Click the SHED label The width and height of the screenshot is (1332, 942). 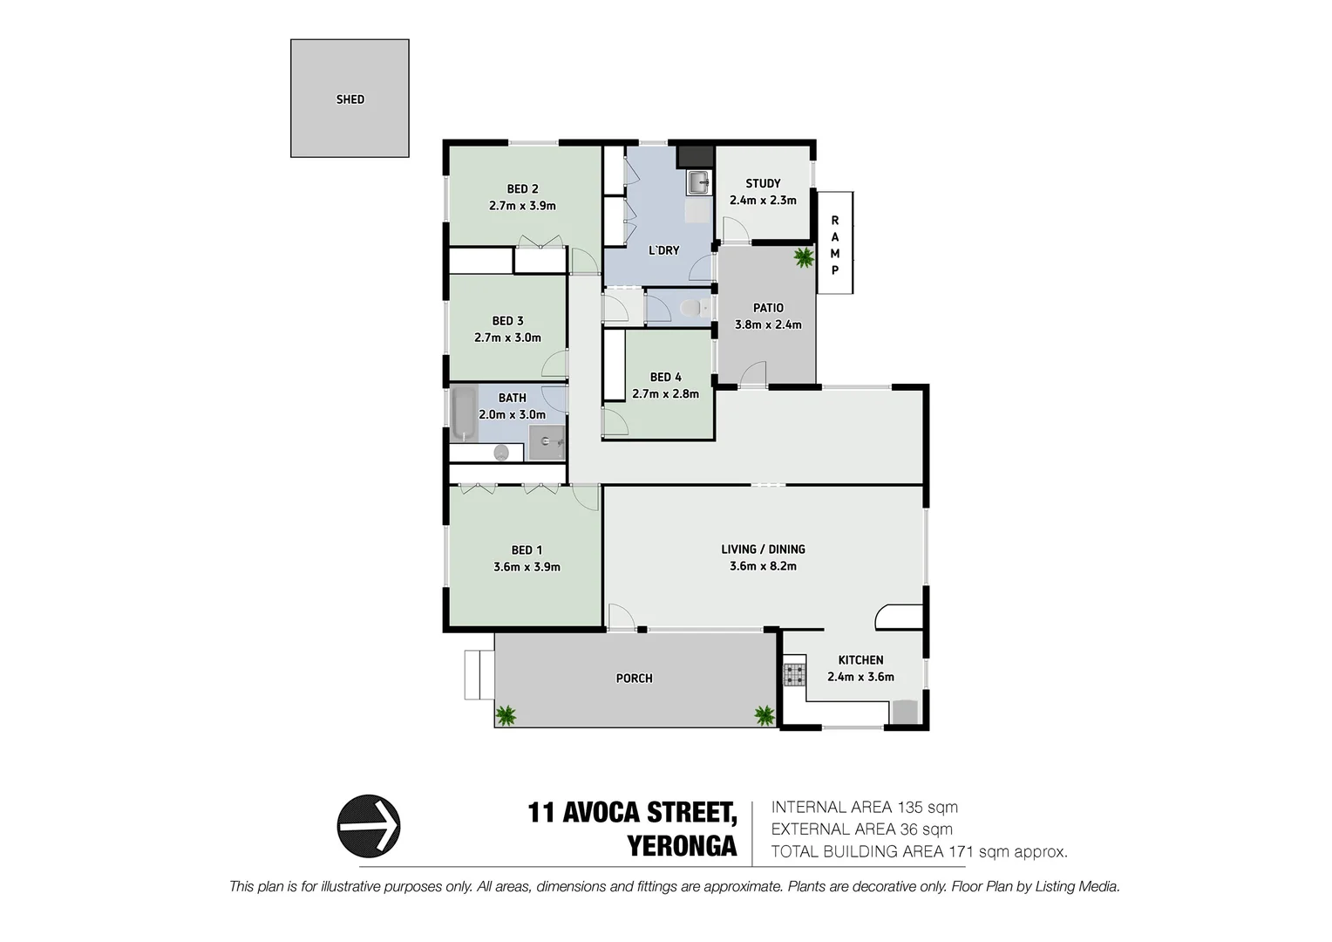[x=350, y=99]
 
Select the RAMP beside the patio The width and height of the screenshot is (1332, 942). [x=834, y=244]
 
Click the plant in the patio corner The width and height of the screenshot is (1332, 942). [x=803, y=257]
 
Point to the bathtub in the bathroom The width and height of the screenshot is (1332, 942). [x=463, y=415]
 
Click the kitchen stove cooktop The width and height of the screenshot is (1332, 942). [x=794, y=673]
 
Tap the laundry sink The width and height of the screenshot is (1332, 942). [x=698, y=183]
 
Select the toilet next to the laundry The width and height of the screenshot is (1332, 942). [x=690, y=308]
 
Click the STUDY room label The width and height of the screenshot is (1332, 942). [x=763, y=183]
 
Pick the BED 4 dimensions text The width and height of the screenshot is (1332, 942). [x=665, y=393]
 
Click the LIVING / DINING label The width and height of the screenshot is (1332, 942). [x=763, y=549]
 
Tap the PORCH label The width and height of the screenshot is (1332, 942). [x=634, y=678]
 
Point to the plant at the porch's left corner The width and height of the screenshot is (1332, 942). [x=506, y=716]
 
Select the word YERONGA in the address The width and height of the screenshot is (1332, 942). [x=682, y=846]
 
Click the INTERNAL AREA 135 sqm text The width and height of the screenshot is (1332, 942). [x=864, y=808]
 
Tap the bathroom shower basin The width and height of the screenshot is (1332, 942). [x=547, y=441]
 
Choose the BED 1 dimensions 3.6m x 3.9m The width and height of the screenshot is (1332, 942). [x=527, y=567]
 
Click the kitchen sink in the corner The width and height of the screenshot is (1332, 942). [x=905, y=712]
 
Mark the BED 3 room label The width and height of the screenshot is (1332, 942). [x=507, y=321]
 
